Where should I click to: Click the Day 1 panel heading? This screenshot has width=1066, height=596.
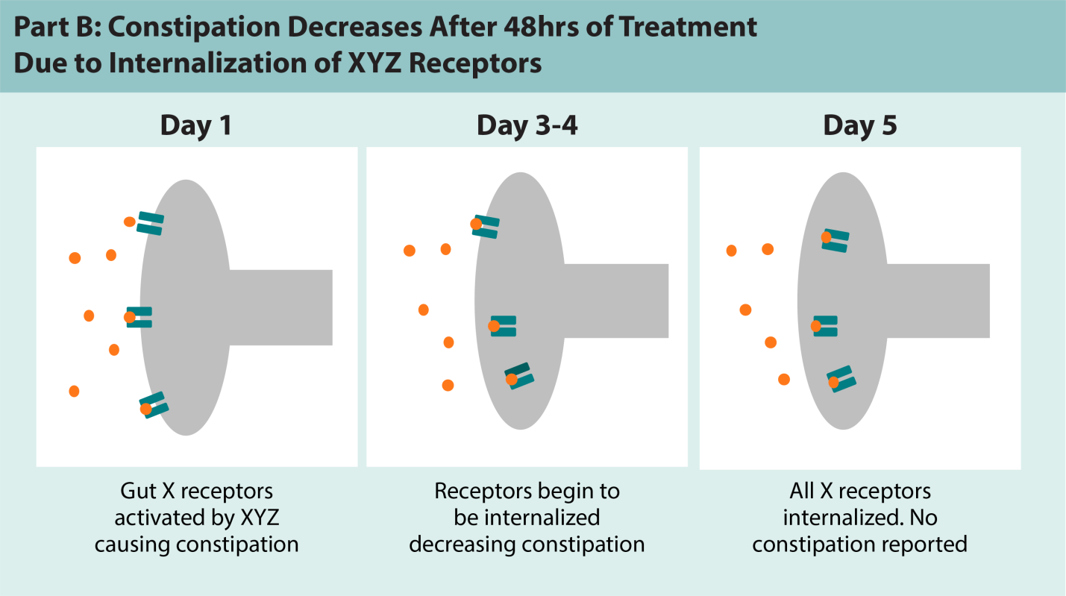(x=196, y=125)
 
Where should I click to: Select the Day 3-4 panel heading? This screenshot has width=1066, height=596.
(x=527, y=125)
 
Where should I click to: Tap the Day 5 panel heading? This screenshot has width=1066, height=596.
(x=859, y=125)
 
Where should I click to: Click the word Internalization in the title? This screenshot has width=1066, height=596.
(x=210, y=63)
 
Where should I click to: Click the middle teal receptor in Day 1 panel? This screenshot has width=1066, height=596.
(x=139, y=317)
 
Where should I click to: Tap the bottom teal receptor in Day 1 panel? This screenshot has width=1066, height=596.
(x=154, y=405)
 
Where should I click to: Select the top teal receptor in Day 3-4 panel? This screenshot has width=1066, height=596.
(x=486, y=227)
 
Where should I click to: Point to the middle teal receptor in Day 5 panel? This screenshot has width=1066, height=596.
(x=825, y=326)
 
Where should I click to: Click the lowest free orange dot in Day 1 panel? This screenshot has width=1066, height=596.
(x=74, y=391)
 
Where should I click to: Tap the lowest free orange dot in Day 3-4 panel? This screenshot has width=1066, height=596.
(x=448, y=386)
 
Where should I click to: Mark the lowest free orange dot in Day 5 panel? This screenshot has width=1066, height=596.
(x=783, y=379)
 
